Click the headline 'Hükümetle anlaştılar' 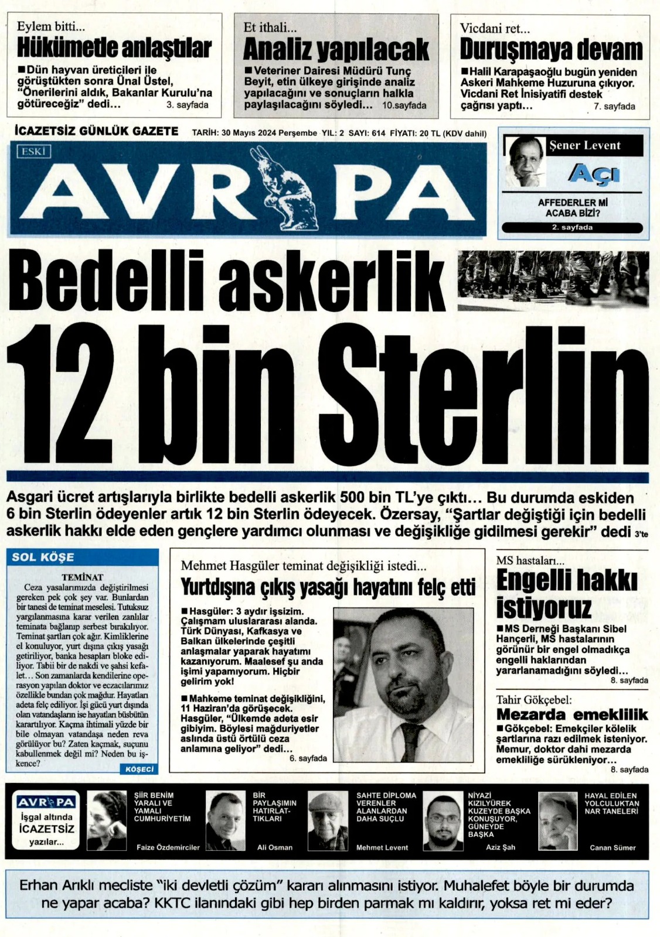click(114, 48)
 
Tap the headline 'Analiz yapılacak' click(336, 49)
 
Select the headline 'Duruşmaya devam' click(551, 49)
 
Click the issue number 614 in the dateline click(378, 134)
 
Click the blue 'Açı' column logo click(593, 174)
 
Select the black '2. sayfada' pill click(572, 228)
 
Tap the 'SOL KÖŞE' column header click(43, 557)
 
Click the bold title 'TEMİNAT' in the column click(82, 577)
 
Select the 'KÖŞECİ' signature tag click(140, 769)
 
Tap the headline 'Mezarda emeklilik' click(571, 714)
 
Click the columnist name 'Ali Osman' click(275, 847)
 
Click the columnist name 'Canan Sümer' click(613, 847)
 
